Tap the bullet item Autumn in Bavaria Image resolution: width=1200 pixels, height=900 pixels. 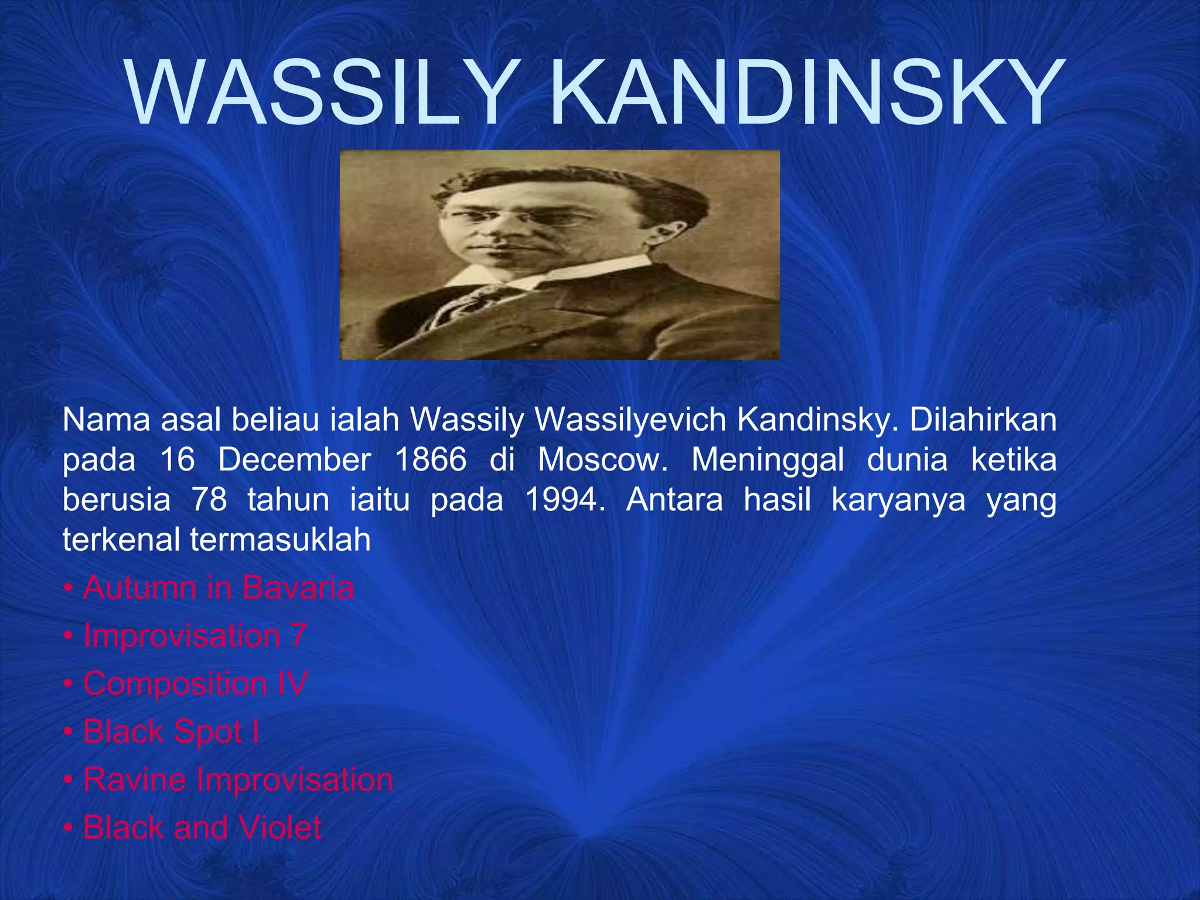coord(218,588)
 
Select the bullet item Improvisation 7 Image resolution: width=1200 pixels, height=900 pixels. coord(195,636)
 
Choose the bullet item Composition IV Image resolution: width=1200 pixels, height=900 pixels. coord(195,684)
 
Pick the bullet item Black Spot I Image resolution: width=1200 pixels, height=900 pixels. coord(171,732)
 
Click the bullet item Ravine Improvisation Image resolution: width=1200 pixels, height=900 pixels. coord(237,780)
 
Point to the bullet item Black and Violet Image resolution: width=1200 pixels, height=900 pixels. coord(202,828)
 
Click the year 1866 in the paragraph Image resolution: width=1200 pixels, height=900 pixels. coord(431,460)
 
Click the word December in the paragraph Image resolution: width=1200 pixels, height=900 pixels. coord(295,460)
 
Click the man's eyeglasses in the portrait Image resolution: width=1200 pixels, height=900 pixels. coord(521,218)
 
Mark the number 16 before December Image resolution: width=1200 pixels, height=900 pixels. coord(177,460)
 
